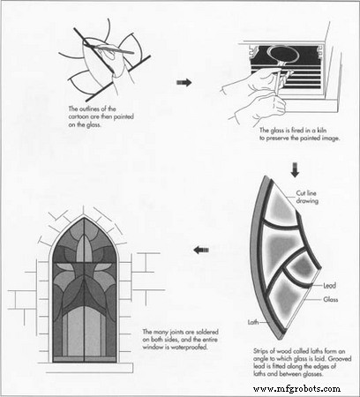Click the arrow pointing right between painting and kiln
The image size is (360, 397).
pos(184,83)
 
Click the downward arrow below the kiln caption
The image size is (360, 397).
pos(295,170)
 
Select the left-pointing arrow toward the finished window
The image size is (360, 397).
pos(201,251)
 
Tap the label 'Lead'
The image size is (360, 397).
pos(329,285)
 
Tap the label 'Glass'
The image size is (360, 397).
pos(331,299)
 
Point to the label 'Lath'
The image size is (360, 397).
pos(253,322)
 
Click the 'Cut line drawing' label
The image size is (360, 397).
pos(307,197)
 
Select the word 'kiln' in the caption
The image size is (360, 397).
pos(321,131)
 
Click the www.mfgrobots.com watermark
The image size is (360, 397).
pos(296,389)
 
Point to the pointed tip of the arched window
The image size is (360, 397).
pos(85,218)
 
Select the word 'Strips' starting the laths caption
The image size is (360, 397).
pos(260,351)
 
